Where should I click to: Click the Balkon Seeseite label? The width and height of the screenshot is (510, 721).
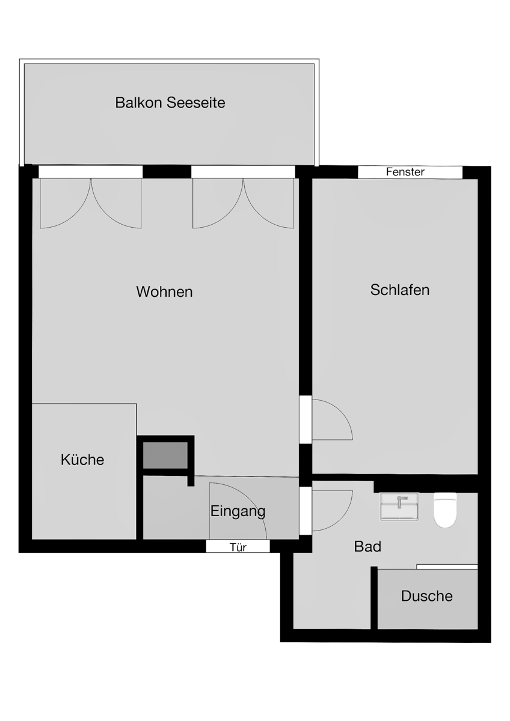coord(170,103)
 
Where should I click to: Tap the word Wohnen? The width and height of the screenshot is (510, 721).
coord(164,291)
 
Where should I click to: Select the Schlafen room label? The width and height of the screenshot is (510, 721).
coord(400,290)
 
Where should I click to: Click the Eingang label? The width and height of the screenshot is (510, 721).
coord(238,511)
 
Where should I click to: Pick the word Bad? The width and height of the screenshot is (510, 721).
coord(367,546)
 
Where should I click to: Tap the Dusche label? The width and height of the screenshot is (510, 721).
coord(426,596)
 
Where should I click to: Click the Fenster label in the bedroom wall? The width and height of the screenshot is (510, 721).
coord(405,172)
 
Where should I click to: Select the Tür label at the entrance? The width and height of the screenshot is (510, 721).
coord(238,547)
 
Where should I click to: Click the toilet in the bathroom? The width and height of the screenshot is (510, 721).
coord(445,510)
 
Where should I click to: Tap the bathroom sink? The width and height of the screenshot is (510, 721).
coord(399,507)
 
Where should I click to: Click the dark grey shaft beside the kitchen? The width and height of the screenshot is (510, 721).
coord(165,455)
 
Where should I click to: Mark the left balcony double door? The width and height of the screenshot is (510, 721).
coord(91,204)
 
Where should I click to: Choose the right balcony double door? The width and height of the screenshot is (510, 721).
coord(243,204)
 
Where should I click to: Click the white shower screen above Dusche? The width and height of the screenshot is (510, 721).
coord(447,567)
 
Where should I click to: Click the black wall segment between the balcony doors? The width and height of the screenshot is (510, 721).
coord(167,172)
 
